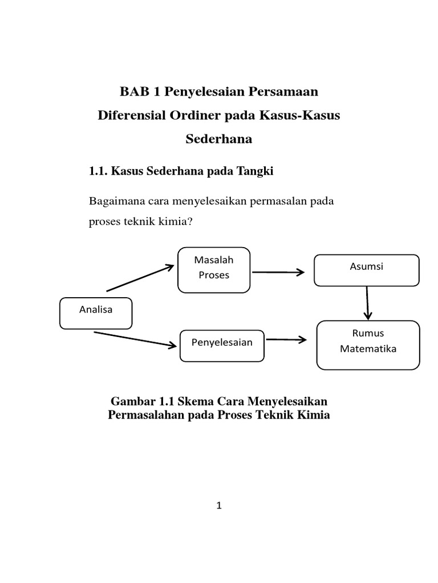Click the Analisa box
(96, 313)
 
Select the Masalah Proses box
(214, 269)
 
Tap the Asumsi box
(367, 270)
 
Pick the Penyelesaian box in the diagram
(222, 345)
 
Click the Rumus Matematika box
(368, 344)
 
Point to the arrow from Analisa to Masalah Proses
(140, 278)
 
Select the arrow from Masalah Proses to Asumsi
(278, 272)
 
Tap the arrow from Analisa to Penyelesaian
(135, 339)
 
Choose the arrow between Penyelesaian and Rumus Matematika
(286, 340)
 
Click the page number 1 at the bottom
(218, 506)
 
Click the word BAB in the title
(133, 91)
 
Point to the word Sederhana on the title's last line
(219, 138)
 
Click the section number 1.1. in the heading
(98, 171)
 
